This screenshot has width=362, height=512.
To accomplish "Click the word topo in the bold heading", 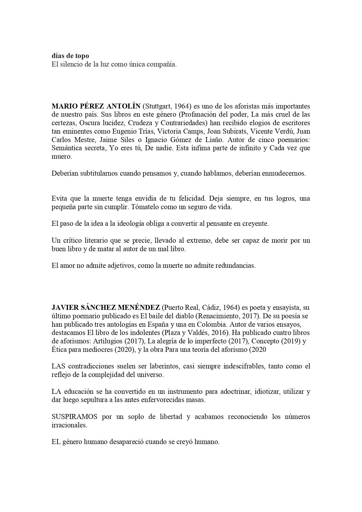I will (x=82, y=56).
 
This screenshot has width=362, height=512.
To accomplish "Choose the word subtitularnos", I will (x=97, y=173).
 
